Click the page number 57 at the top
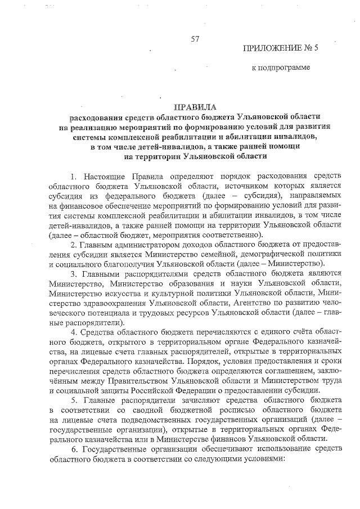pyautogui.click(x=195, y=39)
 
